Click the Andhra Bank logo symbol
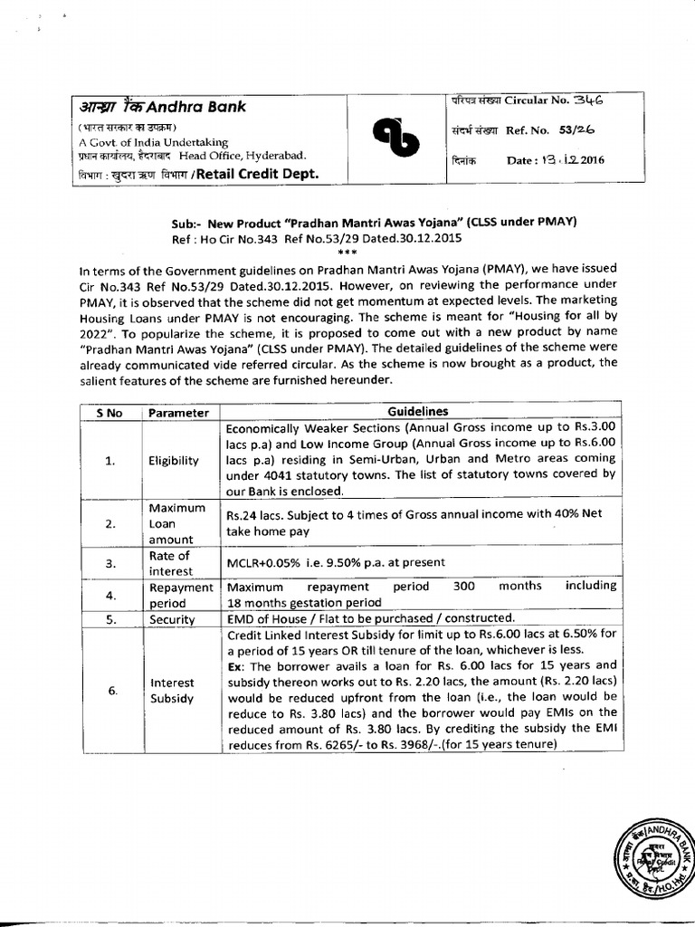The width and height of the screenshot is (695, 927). pyautogui.click(x=395, y=141)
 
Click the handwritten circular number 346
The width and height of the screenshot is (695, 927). pyautogui.click(x=587, y=100)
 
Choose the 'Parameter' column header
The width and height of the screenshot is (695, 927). pyautogui.click(x=178, y=413)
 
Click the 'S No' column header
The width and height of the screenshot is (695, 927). pyautogui.click(x=109, y=413)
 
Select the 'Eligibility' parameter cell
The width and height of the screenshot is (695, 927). pyautogui.click(x=174, y=460)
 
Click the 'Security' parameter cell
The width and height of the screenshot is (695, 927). pyautogui.click(x=172, y=619)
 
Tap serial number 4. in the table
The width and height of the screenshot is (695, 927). pyautogui.click(x=110, y=595)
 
